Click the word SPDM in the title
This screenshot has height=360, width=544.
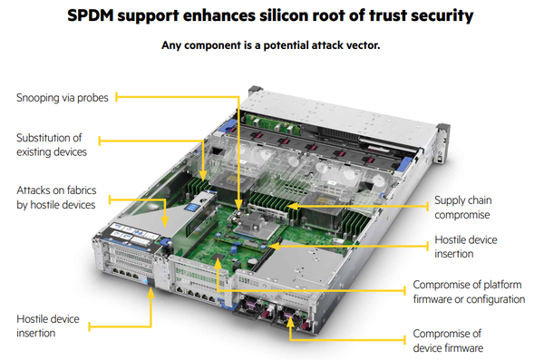coord(90,15)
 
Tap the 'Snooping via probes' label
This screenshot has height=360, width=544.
coord(63,98)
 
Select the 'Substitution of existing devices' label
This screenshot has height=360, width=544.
coord(52,145)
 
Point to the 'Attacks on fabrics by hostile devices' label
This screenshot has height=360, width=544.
coord(56,198)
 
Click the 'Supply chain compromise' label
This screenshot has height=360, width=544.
coord(462,208)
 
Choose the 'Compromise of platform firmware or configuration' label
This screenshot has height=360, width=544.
coord(469,292)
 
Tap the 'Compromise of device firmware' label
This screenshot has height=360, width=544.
coord(448,341)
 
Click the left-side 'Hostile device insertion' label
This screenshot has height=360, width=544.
coord(48,326)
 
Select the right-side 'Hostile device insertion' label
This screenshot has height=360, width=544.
coord(466,247)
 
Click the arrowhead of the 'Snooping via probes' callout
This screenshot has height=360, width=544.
coord(238,205)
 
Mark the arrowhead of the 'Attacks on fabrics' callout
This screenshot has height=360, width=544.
coord(165,222)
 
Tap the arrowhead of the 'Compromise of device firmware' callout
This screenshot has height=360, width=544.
coord(290,322)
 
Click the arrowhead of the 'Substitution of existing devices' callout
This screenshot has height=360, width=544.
coord(203,175)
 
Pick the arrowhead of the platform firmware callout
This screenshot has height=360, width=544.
coord(218,263)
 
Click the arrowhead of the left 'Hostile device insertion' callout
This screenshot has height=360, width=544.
coord(151,293)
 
